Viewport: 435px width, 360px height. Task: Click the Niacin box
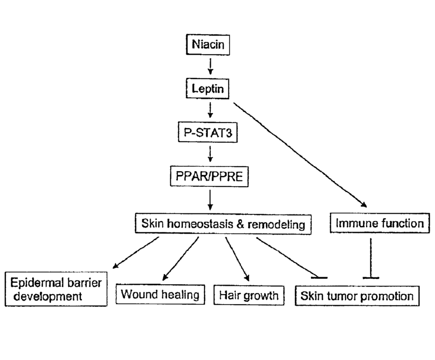point(210,45)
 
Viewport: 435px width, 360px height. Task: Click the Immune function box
point(380,224)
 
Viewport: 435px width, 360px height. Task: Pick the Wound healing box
point(160,295)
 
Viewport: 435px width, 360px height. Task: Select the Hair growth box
point(249,296)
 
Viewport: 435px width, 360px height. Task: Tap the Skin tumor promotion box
point(357,296)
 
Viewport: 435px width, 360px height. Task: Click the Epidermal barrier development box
point(56,289)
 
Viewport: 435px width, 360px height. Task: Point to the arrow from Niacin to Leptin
point(210,66)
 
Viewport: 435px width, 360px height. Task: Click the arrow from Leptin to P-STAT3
point(210,111)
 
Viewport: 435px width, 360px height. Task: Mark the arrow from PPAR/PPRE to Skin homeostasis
point(210,200)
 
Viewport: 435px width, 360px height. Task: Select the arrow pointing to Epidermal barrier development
point(135,252)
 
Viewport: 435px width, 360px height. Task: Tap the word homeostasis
point(204,224)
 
